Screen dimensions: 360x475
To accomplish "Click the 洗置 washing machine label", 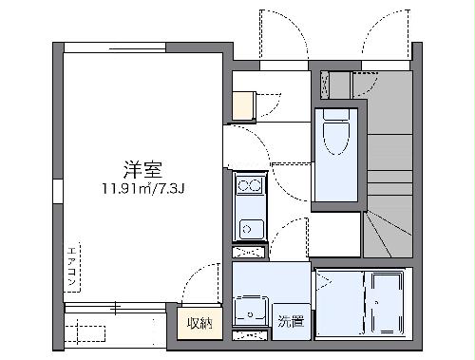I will click(x=291, y=321).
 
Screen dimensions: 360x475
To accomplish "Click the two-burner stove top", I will click(x=249, y=185).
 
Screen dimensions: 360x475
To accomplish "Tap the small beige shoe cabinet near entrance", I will click(x=242, y=104).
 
